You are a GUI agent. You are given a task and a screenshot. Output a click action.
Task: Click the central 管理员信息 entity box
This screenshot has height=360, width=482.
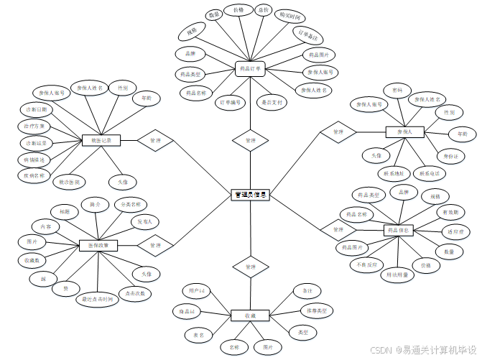(x=250, y=195)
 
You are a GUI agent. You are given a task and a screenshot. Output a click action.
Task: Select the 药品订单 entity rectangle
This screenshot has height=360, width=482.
(x=250, y=69)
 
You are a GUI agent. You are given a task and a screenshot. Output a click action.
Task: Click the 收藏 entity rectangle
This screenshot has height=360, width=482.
(x=250, y=315)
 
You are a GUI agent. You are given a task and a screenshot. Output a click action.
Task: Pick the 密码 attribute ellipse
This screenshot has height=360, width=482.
(x=397, y=90)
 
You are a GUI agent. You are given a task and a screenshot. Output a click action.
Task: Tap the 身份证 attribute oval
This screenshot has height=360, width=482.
(x=449, y=156)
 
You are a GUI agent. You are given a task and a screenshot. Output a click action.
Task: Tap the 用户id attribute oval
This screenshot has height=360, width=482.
(x=197, y=291)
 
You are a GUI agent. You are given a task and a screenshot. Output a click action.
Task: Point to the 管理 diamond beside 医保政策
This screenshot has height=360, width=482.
(x=155, y=245)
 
